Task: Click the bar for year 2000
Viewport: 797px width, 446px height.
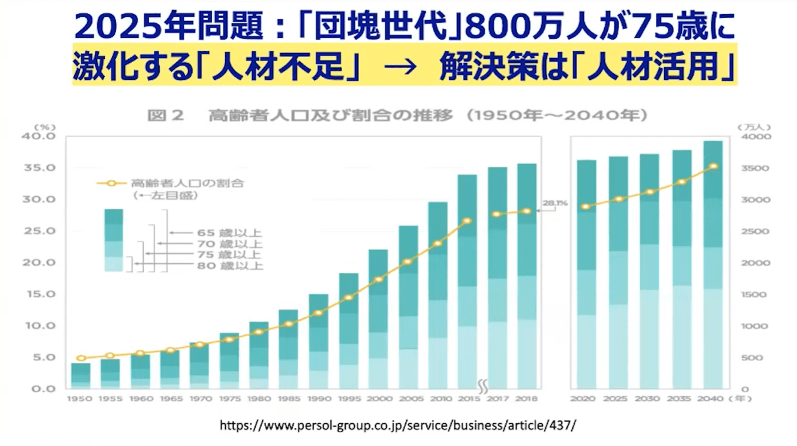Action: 378,319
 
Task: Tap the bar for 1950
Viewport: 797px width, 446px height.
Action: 81,376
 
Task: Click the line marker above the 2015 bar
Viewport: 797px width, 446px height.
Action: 467,220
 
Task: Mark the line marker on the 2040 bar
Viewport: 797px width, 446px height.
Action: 713,166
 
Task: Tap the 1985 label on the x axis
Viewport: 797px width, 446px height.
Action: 288,399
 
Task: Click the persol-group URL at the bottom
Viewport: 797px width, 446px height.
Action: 398,425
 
